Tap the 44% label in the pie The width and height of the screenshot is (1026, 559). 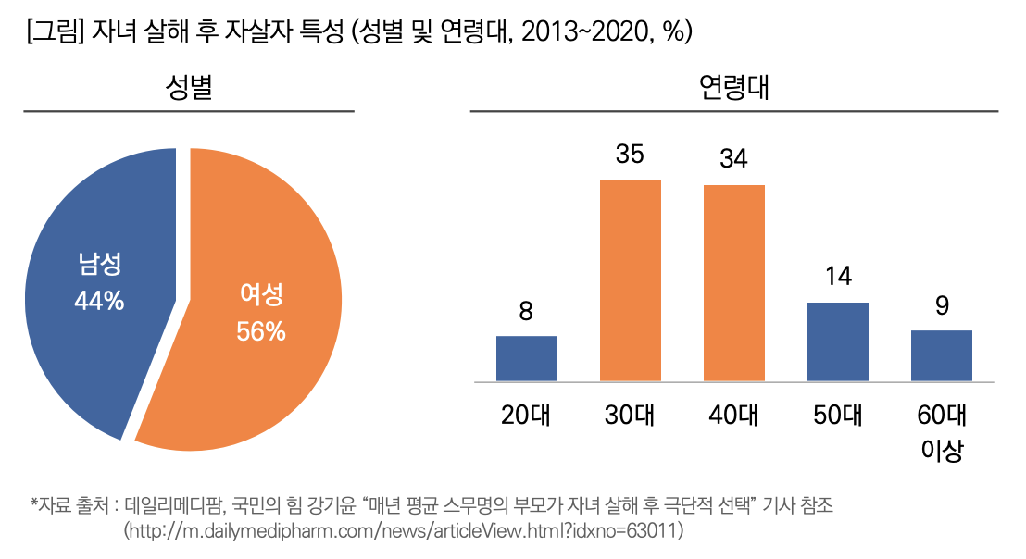pos(99,302)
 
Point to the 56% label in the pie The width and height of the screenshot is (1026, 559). pos(261,331)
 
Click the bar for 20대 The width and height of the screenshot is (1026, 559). pos(526,358)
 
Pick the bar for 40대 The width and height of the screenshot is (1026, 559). pos(733,282)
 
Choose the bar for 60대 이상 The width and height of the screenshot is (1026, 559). pos(941,355)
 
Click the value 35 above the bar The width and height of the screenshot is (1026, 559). pos(630,155)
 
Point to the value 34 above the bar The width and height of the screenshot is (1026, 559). pos(733,159)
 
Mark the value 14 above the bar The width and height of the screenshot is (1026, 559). pos(837,276)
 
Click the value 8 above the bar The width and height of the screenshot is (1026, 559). pos(526,311)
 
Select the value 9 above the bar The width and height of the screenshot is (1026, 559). pos(941,305)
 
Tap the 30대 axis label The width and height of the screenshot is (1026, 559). pos(630,415)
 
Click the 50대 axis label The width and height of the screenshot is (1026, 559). pos(837,415)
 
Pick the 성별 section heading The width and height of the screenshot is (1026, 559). pos(189,89)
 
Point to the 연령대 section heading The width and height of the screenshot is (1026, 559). pos(734,89)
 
